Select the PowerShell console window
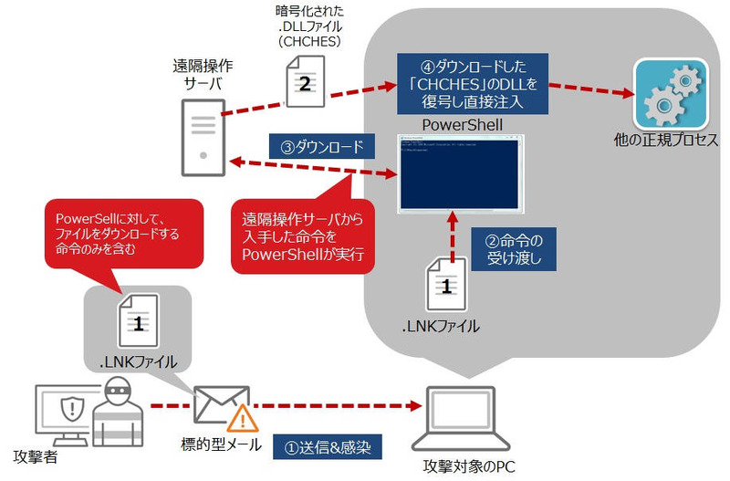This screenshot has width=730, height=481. tap(460, 174)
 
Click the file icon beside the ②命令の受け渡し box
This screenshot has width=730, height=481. tap(446, 285)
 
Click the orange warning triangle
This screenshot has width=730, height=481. tap(243, 419)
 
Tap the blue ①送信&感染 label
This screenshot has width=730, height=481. tap(334, 447)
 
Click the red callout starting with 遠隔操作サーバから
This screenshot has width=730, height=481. tap(301, 235)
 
